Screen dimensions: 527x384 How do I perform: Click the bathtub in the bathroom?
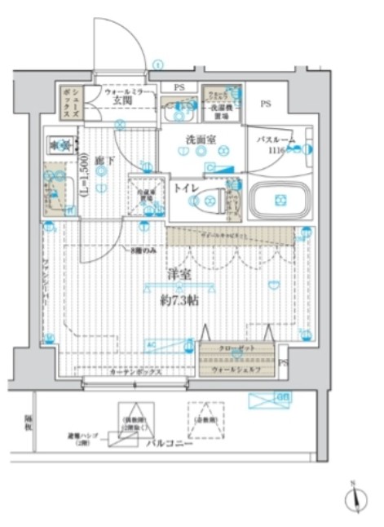(x=278, y=200)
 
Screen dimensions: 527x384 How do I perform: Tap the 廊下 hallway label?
(x=101, y=162)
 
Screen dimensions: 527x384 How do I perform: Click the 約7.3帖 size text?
(x=180, y=299)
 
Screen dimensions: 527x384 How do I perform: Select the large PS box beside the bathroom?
(x=266, y=104)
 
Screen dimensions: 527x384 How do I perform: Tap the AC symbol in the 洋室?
(x=149, y=344)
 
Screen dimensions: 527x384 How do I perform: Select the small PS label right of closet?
(x=283, y=363)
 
